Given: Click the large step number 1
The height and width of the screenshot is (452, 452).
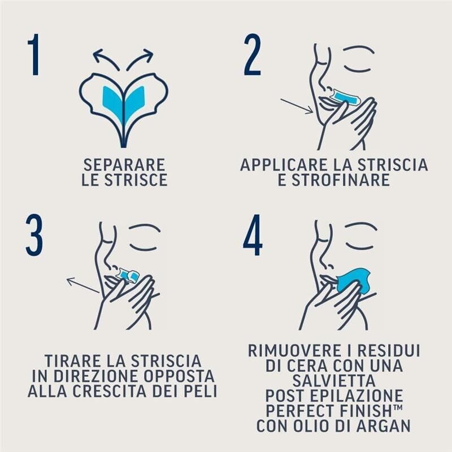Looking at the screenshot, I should [34, 55].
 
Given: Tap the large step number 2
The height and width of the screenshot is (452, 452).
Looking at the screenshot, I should [253, 55].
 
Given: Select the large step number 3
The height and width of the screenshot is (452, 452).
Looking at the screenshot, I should [34, 236].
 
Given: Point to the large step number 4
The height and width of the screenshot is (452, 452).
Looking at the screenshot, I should [253, 236].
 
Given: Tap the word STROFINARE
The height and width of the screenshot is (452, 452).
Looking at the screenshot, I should [334, 180].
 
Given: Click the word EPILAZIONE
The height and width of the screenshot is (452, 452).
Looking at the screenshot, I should [362, 394].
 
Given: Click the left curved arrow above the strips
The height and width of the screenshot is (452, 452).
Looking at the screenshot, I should [106, 58].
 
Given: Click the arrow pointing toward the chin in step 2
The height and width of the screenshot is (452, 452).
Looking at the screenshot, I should [297, 106].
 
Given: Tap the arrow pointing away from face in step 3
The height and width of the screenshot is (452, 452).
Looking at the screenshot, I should [82, 285].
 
